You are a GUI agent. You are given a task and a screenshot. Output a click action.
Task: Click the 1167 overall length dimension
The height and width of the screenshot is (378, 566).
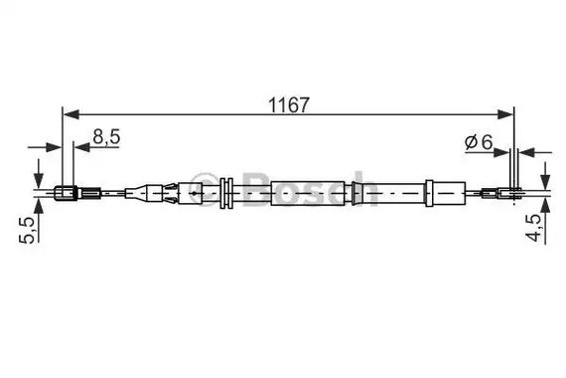tap(289, 104)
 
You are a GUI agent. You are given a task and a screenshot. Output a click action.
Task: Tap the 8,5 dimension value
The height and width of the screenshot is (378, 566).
tap(106, 137)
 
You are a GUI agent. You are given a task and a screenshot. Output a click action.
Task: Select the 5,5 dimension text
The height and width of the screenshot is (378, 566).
tap(28, 230)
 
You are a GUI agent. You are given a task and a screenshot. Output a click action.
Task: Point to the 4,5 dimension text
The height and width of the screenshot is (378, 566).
tap(534, 228)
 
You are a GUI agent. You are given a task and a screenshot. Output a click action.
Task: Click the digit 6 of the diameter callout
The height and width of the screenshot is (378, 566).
tap(487, 142)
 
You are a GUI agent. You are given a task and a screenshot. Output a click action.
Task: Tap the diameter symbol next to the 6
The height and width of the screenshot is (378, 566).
tap(471, 142)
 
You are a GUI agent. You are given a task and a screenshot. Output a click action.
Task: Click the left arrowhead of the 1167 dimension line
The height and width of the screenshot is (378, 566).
tap(71, 114)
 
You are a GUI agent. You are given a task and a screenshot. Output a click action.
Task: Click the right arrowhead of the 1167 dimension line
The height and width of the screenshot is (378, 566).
tap(504, 114)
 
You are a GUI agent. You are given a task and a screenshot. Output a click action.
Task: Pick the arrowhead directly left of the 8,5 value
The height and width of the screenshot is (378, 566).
tap(81, 147)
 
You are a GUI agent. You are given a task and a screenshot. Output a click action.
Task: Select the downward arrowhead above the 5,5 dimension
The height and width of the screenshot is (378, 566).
tap(39, 180)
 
